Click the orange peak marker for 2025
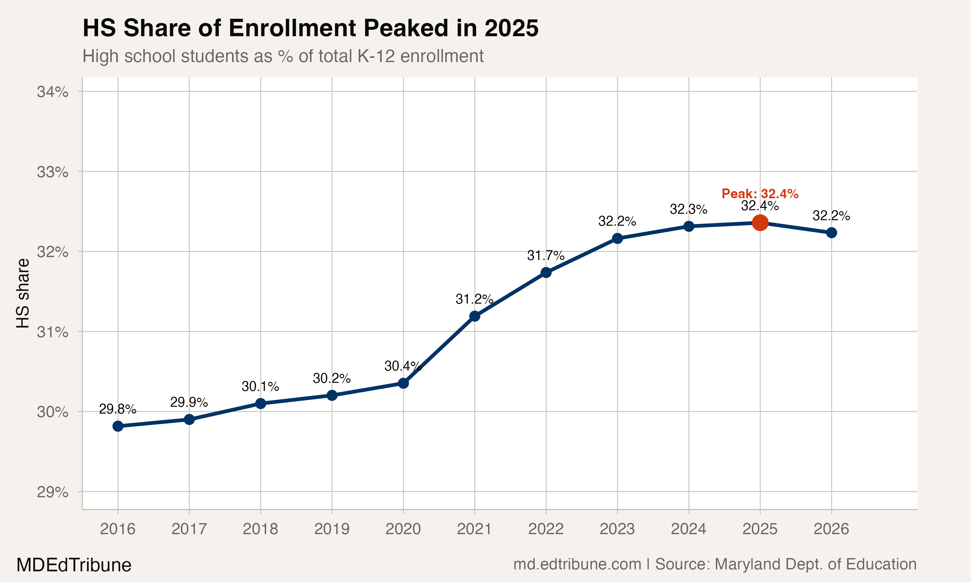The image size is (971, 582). tap(760, 223)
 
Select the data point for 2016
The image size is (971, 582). tap(118, 426)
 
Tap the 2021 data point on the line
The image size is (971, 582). tap(474, 316)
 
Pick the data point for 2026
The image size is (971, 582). tap(831, 233)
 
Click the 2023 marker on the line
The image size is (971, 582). tap(617, 238)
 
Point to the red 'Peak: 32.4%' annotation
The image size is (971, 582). tap(760, 194)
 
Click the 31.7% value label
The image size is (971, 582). tap(546, 256)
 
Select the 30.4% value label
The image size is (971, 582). tap(403, 366)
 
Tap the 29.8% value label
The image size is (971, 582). tap(117, 409)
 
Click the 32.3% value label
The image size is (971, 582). tap(688, 210)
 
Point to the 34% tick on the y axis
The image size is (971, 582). tap(52, 92)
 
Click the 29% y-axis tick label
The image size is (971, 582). tap(52, 492)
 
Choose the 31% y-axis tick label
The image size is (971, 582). tap(52, 332)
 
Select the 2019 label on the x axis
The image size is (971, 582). tap(332, 529)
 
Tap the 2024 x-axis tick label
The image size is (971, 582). tap(688, 529)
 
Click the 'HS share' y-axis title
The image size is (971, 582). tap(23, 293)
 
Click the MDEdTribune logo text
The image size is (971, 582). tap(74, 565)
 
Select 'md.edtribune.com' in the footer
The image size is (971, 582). tap(577, 564)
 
